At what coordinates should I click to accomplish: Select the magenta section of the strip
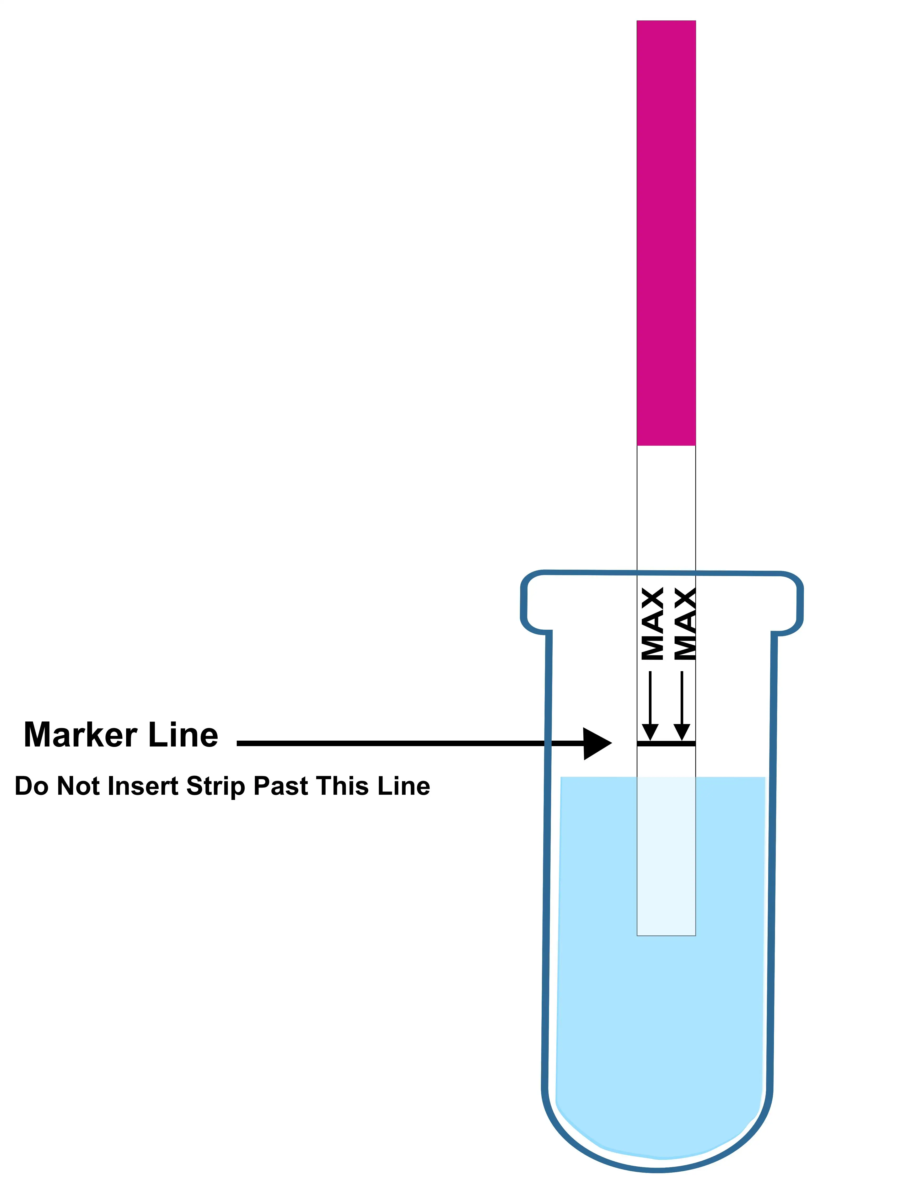(x=666, y=233)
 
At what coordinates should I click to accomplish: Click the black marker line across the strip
(x=666, y=744)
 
